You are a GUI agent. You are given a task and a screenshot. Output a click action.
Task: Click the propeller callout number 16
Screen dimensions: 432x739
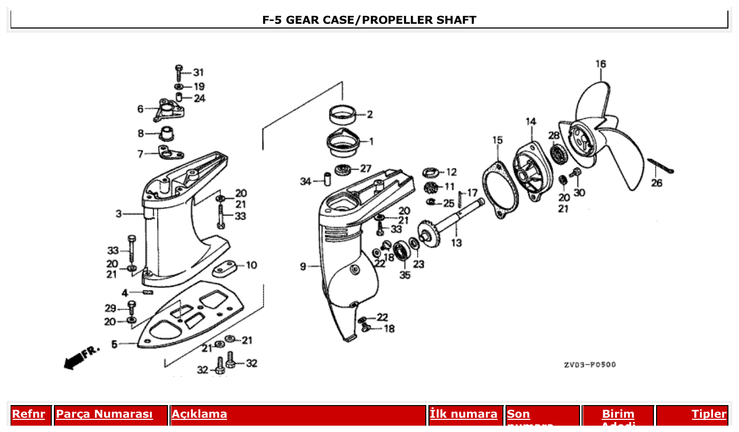(x=601, y=64)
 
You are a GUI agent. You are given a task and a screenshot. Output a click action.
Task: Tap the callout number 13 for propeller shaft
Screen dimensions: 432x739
(x=456, y=243)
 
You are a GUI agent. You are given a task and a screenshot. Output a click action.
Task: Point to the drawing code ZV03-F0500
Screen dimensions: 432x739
(x=589, y=364)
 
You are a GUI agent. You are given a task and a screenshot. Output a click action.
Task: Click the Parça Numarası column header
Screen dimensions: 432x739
(x=105, y=414)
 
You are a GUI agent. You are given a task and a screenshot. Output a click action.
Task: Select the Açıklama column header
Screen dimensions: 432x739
(x=200, y=414)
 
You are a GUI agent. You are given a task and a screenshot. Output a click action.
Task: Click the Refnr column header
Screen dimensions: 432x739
(x=29, y=414)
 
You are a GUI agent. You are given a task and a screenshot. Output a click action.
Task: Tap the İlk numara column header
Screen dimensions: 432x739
(x=463, y=414)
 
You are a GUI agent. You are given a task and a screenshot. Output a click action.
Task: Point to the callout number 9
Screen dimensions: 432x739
(x=303, y=267)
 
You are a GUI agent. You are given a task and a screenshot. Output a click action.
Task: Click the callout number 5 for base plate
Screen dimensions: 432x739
(x=115, y=344)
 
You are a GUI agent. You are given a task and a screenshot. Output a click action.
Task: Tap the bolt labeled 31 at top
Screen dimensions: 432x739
(x=179, y=73)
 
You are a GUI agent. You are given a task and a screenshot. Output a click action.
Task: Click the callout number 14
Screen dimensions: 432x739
(x=531, y=122)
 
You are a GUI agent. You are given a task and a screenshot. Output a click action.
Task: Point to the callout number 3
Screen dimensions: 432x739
(x=119, y=214)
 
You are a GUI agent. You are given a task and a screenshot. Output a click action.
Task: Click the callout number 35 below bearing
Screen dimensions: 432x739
(x=405, y=275)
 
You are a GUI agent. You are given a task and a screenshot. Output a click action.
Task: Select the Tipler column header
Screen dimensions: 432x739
(x=709, y=414)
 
